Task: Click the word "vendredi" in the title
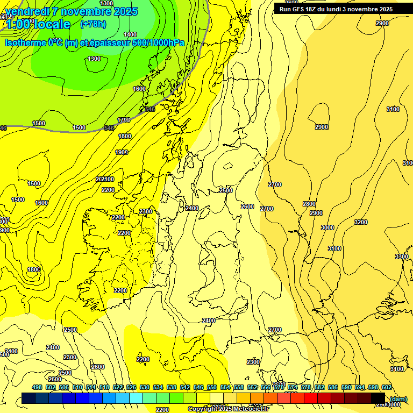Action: [26, 11]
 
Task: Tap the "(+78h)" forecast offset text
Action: [93, 24]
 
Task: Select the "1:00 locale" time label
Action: [38, 24]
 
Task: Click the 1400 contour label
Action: [130, 34]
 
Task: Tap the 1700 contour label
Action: [124, 120]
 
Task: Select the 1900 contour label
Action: [122, 152]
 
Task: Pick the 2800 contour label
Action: [309, 204]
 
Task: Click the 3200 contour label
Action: [361, 222]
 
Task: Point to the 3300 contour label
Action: [401, 257]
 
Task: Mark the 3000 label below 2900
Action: [327, 227]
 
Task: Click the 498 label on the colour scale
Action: [37, 387]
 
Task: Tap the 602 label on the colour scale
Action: [386, 387]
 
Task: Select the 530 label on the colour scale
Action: [145, 387]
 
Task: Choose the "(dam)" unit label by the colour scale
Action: [398, 398]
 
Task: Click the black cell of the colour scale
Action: [379, 398]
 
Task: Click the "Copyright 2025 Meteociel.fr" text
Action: [229, 409]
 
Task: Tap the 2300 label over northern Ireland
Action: [146, 211]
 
